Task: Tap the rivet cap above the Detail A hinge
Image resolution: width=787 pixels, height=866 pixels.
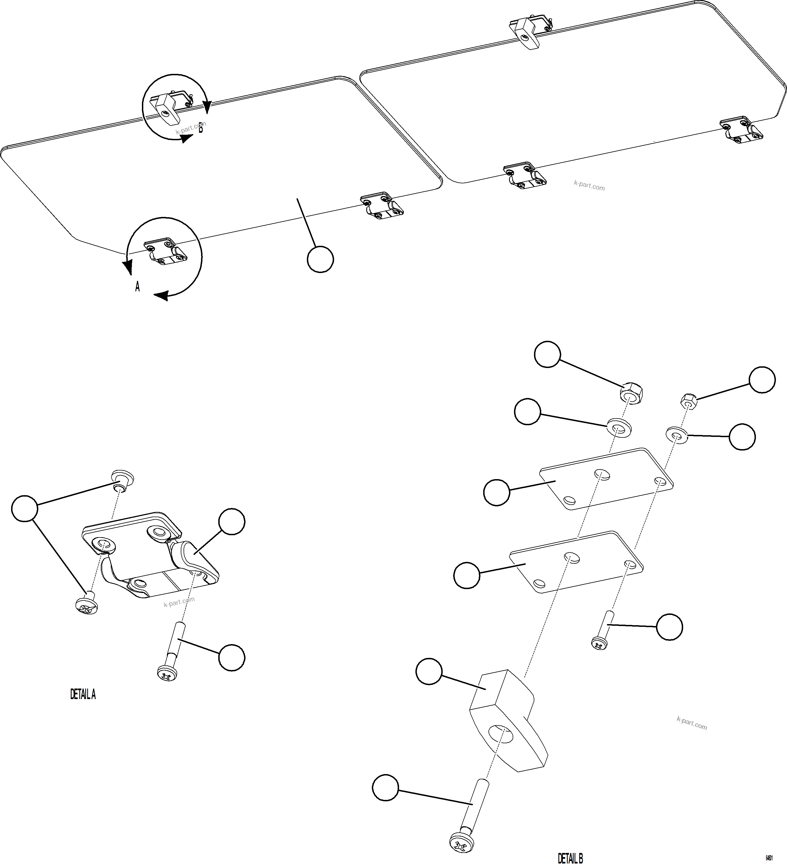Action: pos(122,478)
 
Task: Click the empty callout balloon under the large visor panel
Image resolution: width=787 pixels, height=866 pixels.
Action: pos(320,259)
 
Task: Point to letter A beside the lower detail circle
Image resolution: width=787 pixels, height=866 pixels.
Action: pos(137,287)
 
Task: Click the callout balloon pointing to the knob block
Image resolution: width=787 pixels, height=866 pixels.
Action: pos(429,672)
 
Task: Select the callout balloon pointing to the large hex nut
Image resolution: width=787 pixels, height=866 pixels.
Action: pos(547,354)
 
